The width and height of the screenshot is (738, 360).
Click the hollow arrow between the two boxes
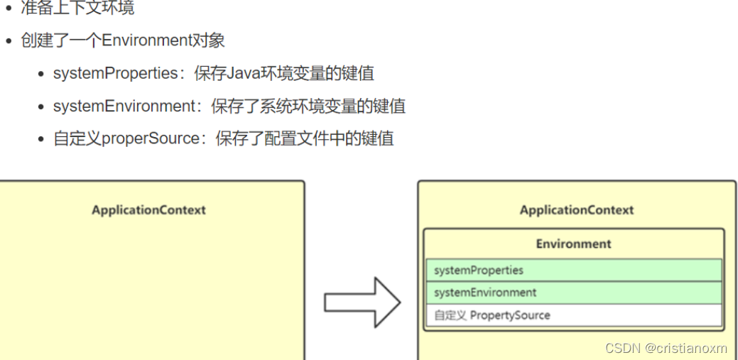[362, 302]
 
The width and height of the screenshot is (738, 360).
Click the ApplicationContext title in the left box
[148, 210]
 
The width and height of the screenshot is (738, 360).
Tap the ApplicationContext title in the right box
[577, 210]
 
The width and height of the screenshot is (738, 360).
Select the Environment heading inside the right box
[573, 244]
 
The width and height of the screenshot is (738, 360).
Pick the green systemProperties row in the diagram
[573, 271]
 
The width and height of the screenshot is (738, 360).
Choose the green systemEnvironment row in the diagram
[573, 293]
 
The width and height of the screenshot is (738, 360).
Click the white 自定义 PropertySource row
[573, 315]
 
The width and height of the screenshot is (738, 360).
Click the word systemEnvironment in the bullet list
[124, 107]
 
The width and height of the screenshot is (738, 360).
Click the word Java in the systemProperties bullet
[241, 73]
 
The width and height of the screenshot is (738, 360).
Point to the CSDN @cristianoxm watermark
[666, 348]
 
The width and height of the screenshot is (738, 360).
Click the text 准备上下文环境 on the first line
[77, 9]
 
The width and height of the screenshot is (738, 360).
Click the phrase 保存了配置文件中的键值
[305, 138]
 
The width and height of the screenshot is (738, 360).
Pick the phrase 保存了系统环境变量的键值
[308, 107]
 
